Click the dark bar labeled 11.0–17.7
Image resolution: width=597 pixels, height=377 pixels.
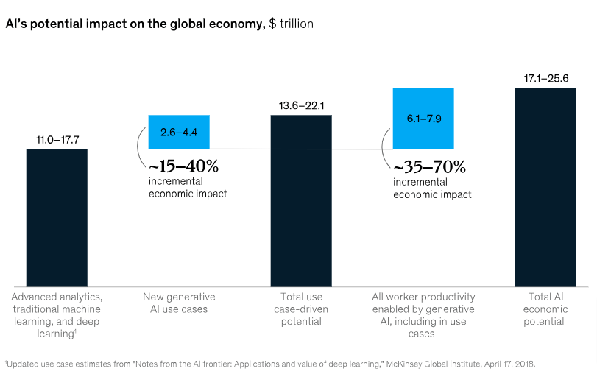pyautogui.click(x=57, y=218)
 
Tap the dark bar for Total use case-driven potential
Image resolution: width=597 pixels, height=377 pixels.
pyautogui.click(x=301, y=200)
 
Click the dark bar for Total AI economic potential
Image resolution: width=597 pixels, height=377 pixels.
pyautogui.click(x=545, y=187)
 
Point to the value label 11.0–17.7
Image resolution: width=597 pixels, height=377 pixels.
pyautogui.click(x=57, y=140)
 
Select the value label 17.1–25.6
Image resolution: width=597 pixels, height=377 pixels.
pyautogui.click(x=545, y=78)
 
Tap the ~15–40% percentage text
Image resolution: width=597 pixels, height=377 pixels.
pyautogui.click(x=183, y=166)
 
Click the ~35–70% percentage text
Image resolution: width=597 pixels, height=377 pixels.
pyautogui.click(x=429, y=166)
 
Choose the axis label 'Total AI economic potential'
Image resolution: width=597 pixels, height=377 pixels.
pyautogui.click(x=545, y=309)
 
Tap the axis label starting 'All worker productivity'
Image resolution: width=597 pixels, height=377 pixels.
pyautogui.click(x=423, y=315)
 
